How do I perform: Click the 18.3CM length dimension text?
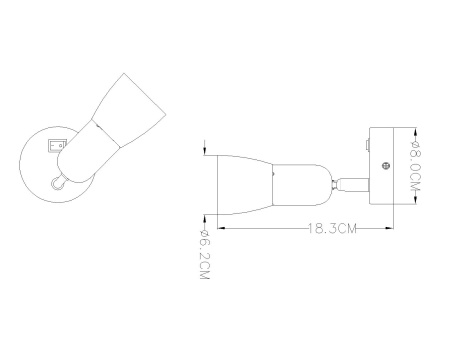pos(332,229)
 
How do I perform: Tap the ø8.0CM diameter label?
pos(416,166)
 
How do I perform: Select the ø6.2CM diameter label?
pos(204,255)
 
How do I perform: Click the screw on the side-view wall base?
pos(386,165)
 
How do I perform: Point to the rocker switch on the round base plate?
pos(57,146)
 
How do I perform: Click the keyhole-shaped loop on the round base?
pos(57,182)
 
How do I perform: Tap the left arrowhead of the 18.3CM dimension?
pos(221,228)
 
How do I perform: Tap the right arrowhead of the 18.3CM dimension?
pos(389,228)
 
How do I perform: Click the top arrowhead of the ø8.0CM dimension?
pos(416,133)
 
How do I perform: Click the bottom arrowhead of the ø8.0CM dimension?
pos(416,199)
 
